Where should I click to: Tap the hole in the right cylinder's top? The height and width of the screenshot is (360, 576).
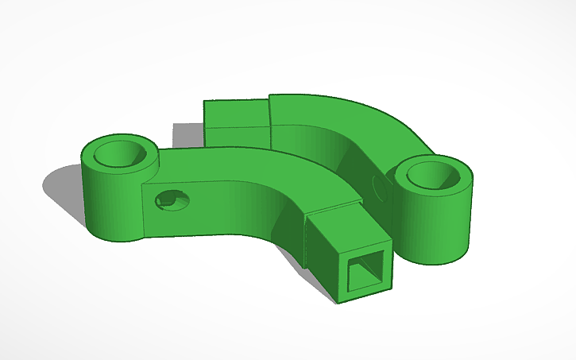[x=433, y=174]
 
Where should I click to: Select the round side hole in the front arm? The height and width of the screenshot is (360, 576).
[x=170, y=200]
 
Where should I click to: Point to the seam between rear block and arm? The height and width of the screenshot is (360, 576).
[x=269, y=123]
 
